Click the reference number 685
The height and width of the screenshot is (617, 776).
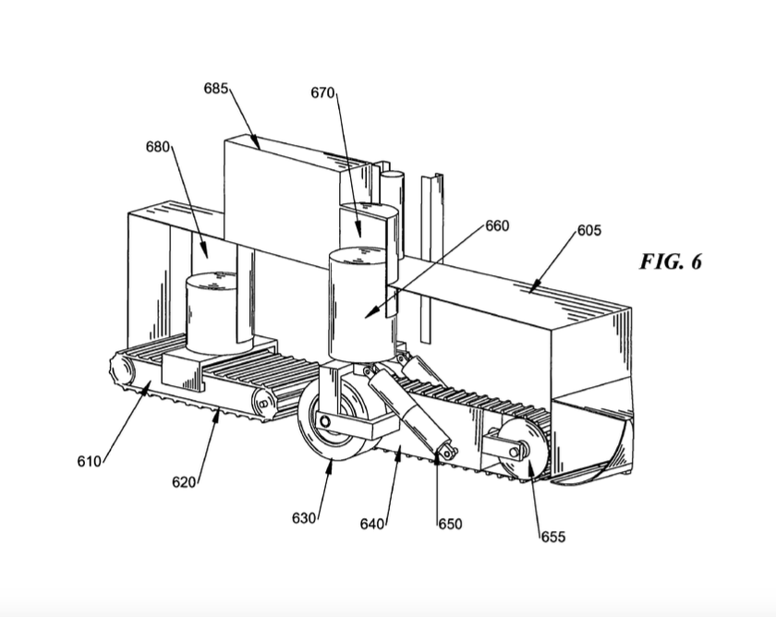pos(216,89)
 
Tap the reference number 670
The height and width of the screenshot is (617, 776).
pos(322,92)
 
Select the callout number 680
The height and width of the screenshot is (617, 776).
pos(158,147)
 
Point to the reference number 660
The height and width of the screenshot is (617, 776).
pos(497,225)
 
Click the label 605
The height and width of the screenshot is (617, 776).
pos(589,231)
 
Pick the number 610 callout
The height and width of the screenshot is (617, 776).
pos(89,462)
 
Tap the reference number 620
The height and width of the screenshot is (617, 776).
pos(184,481)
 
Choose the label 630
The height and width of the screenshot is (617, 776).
pos(304,518)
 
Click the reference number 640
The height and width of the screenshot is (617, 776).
pos(372,524)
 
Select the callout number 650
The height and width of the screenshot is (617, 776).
pos(450,524)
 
